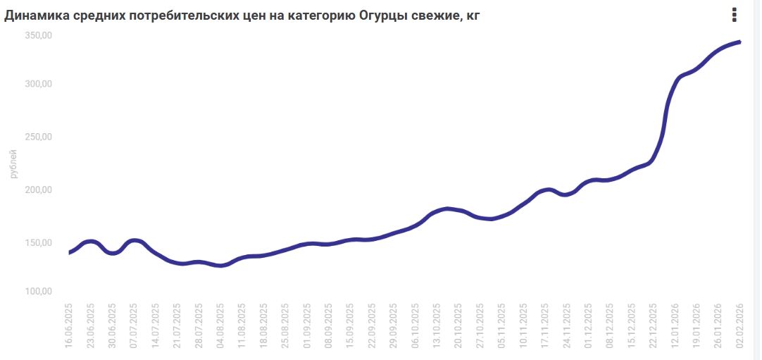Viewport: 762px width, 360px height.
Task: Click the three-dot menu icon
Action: click(x=735, y=15)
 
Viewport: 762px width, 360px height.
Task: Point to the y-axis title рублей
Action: click(x=14, y=163)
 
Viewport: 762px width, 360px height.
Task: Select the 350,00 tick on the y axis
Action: click(x=40, y=36)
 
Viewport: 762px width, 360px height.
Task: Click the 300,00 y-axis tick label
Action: click(x=40, y=84)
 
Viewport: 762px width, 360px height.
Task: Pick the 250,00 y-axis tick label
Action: click(x=40, y=137)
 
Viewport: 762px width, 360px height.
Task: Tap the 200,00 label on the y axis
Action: click(x=40, y=190)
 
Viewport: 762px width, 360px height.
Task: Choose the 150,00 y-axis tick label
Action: click(x=40, y=242)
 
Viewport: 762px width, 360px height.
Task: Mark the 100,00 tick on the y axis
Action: click(x=40, y=291)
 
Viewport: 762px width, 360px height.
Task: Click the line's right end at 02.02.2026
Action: click(x=739, y=42)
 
